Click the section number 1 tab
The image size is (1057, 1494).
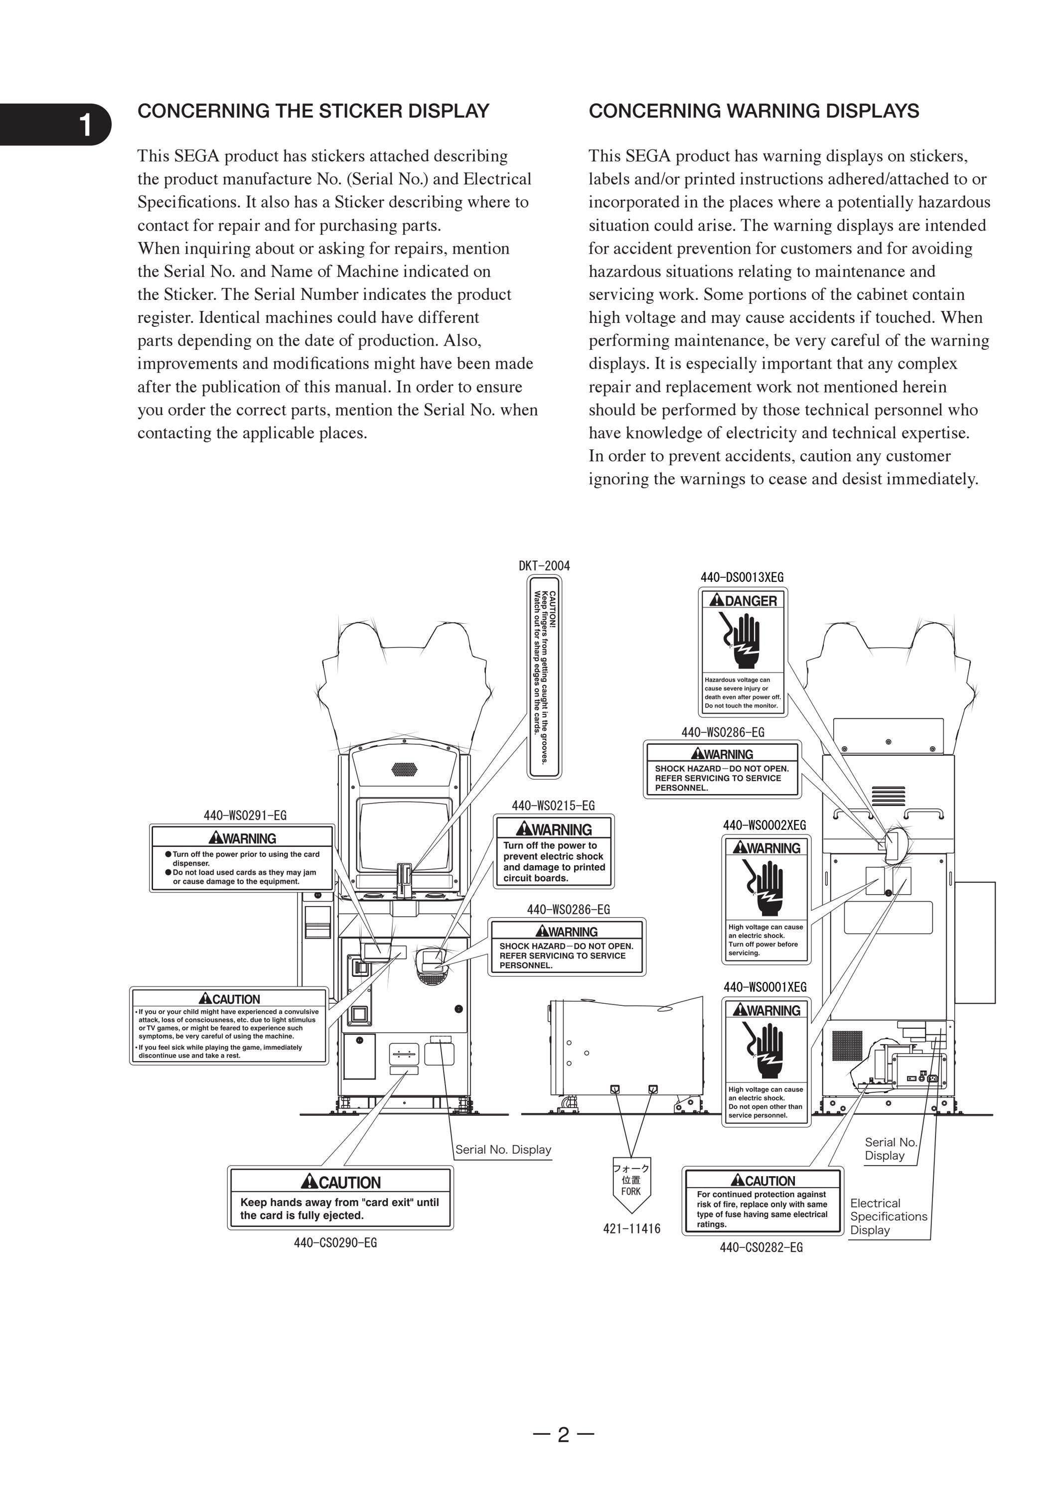click(x=55, y=124)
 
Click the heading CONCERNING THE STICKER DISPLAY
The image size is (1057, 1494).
click(x=313, y=111)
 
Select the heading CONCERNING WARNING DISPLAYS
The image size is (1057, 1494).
click(x=754, y=111)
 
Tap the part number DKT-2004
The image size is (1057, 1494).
click(x=544, y=565)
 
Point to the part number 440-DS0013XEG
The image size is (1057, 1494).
click(x=742, y=577)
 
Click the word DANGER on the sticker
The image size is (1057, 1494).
click(x=751, y=601)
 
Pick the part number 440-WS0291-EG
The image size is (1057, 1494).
click(x=245, y=815)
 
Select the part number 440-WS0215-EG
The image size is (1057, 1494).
click(x=553, y=806)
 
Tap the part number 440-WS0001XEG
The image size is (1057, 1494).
click(x=765, y=987)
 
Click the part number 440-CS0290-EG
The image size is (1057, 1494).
click(x=335, y=1242)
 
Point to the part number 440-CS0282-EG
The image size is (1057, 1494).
click(x=761, y=1247)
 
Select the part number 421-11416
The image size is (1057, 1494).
click(x=631, y=1228)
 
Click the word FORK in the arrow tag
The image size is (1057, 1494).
click(x=631, y=1192)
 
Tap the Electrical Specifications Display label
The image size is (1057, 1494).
click(x=889, y=1216)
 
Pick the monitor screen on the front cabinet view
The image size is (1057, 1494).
click(x=404, y=835)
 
